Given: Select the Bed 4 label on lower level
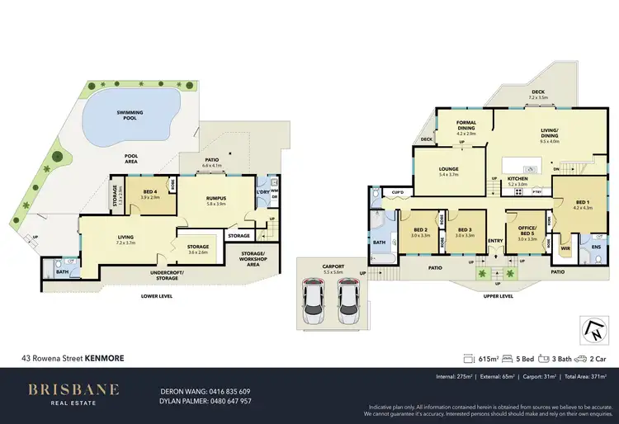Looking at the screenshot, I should (x=150, y=195).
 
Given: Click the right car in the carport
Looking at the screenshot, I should (x=348, y=301).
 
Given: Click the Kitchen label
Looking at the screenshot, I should (x=517, y=181).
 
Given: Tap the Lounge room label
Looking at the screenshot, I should (x=449, y=171).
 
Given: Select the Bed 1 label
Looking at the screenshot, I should (x=582, y=203).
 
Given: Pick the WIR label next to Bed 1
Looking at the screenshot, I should (x=566, y=246).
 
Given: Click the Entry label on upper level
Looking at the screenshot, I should (x=495, y=242).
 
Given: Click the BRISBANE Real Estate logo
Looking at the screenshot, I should (x=73, y=393).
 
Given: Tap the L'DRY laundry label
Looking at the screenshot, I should (x=263, y=192).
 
